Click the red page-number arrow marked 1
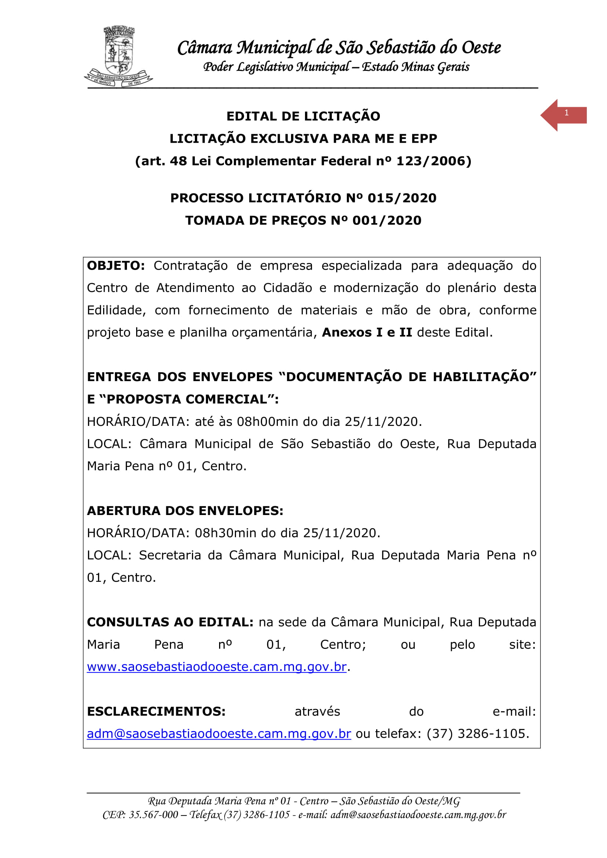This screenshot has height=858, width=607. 564,115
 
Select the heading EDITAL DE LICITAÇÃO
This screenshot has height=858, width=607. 303,116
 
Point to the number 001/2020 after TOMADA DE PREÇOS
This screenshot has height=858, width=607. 387,220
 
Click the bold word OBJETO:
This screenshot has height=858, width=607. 116,266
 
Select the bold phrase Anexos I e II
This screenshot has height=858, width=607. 367,332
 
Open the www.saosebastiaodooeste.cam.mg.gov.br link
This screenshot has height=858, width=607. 217,667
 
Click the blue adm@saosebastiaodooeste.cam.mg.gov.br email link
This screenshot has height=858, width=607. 219,734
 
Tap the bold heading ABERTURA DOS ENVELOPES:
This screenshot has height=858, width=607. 185,511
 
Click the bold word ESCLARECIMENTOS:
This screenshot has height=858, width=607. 156,711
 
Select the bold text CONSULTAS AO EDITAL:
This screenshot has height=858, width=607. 170,622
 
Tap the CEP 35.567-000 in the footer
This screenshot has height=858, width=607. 153,815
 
